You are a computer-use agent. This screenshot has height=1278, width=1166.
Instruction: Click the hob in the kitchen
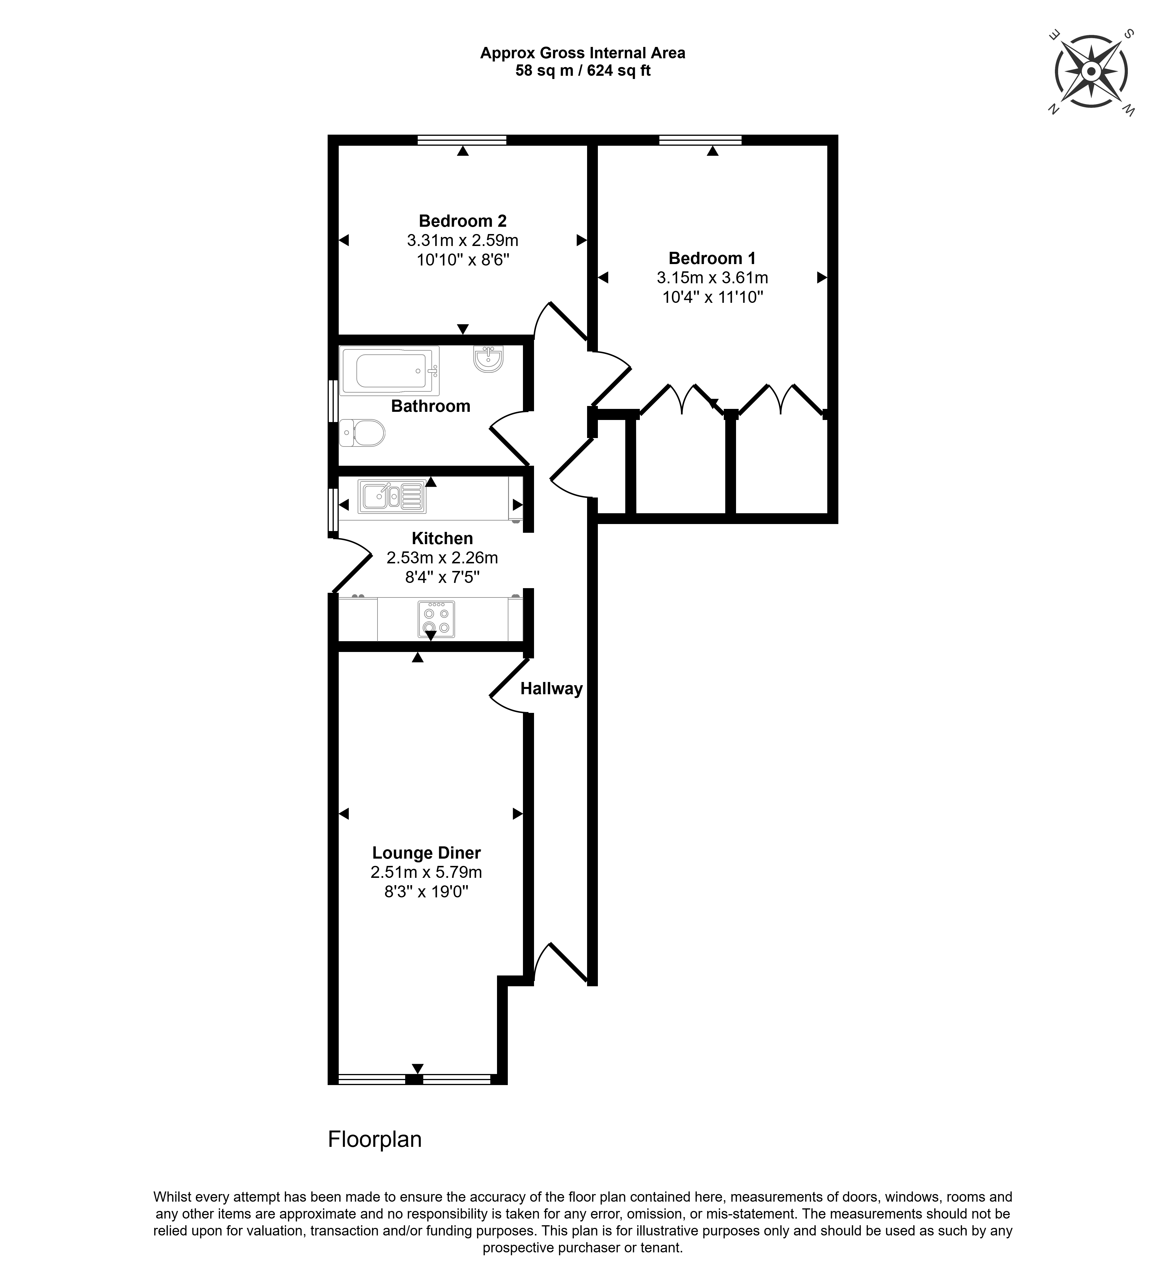point(436,619)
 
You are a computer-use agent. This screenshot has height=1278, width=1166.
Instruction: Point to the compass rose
point(1091,72)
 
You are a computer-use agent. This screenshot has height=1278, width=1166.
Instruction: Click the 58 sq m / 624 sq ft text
point(583,71)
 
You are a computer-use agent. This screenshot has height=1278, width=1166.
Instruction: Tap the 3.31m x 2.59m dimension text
point(463,240)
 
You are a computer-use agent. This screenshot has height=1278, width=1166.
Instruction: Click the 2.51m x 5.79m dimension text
point(426,872)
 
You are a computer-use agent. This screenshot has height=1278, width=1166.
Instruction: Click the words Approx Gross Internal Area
point(583,53)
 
